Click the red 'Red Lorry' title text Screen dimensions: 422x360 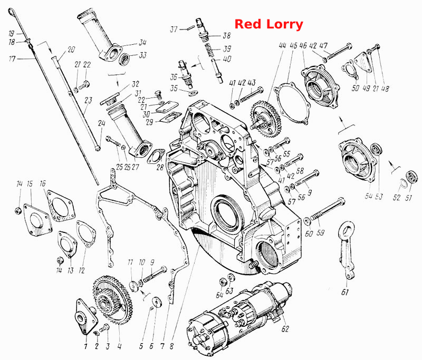[x=269, y=24]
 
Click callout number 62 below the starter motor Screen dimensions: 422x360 [x=285, y=328]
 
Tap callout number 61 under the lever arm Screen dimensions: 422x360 [x=345, y=292]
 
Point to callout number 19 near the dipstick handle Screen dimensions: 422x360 [x=11, y=34]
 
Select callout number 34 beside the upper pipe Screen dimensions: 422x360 [x=142, y=43]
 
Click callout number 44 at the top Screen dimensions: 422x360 [x=282, y=45]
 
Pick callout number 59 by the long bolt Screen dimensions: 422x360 [x=320, y=232]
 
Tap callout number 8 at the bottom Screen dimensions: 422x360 [x=172, y=346]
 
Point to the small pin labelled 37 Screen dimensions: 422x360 [x=190, y=28]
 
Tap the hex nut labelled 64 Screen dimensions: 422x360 [x=223, y=282]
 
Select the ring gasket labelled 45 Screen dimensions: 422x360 [x=292, y=103]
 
